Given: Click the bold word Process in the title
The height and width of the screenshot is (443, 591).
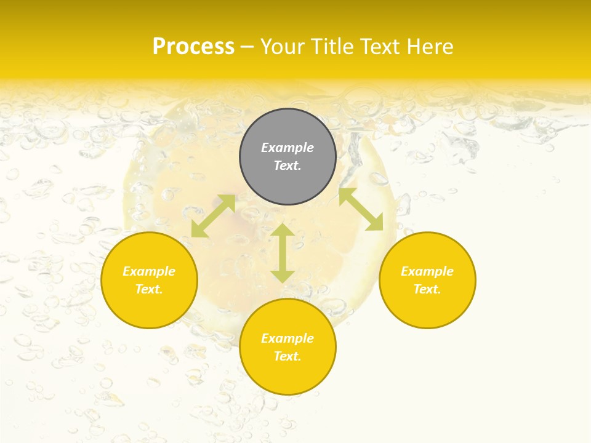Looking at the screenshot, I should (x=193, y=47).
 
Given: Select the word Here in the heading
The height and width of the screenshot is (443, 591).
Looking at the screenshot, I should (x=429, y=47).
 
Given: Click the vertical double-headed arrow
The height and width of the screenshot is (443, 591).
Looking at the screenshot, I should (x=283, y=253).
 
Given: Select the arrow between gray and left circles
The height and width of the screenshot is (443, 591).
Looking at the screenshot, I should (x=213, y=216).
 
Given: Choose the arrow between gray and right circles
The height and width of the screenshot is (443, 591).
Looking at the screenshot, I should (x=361, y=209).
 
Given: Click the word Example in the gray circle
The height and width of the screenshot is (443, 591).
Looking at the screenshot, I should (x=287, y=148).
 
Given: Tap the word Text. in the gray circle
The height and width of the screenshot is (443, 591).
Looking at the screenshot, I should (x=287, y=166).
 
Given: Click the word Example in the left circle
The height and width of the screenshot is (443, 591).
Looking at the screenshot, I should (x=149, y=271).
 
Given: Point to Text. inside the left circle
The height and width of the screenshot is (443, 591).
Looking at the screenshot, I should (x=149, y=289).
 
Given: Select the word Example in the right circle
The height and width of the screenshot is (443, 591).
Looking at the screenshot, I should (x=427, y=271).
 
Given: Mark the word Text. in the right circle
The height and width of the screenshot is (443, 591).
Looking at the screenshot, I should (x=427, y=289).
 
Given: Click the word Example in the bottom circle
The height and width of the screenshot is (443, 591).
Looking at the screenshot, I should (x=287, y=338).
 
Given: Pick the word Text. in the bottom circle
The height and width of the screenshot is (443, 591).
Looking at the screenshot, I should (x=287, y=356).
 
